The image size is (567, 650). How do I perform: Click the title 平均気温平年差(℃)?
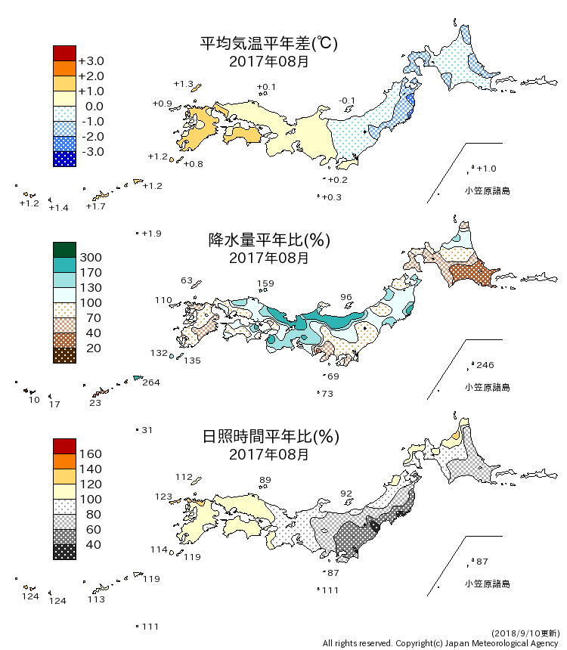tap(268, 44)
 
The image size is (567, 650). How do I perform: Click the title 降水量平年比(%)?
tap(268, 240)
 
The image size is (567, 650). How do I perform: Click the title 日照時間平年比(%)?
tap(268, 437)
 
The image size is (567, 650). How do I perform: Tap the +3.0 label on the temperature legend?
tap(91, 61)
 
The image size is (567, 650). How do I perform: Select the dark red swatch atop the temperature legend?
tap(64, 53)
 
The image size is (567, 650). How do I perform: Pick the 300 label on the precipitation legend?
tap(91, 258)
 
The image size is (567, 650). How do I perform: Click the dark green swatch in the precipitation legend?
tap(64, 249)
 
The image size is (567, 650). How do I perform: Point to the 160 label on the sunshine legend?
tap(91, 454)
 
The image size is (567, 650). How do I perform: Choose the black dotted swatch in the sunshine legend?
tap(64, 552)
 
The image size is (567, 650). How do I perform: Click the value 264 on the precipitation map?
tap(151, 382)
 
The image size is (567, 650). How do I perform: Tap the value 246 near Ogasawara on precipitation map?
tap(485, 366)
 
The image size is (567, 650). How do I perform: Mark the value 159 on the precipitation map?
tap(265, 284)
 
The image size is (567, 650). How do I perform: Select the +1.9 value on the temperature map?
tap(151, 234)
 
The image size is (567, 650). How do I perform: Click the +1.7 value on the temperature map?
tap(95, 206)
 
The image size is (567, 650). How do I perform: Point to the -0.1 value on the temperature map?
tap(348, 101)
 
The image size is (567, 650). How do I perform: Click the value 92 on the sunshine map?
tap(346, 494)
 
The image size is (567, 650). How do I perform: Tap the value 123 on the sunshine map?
tap(164, 497)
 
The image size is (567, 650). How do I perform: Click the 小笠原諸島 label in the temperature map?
tap(487, 191)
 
